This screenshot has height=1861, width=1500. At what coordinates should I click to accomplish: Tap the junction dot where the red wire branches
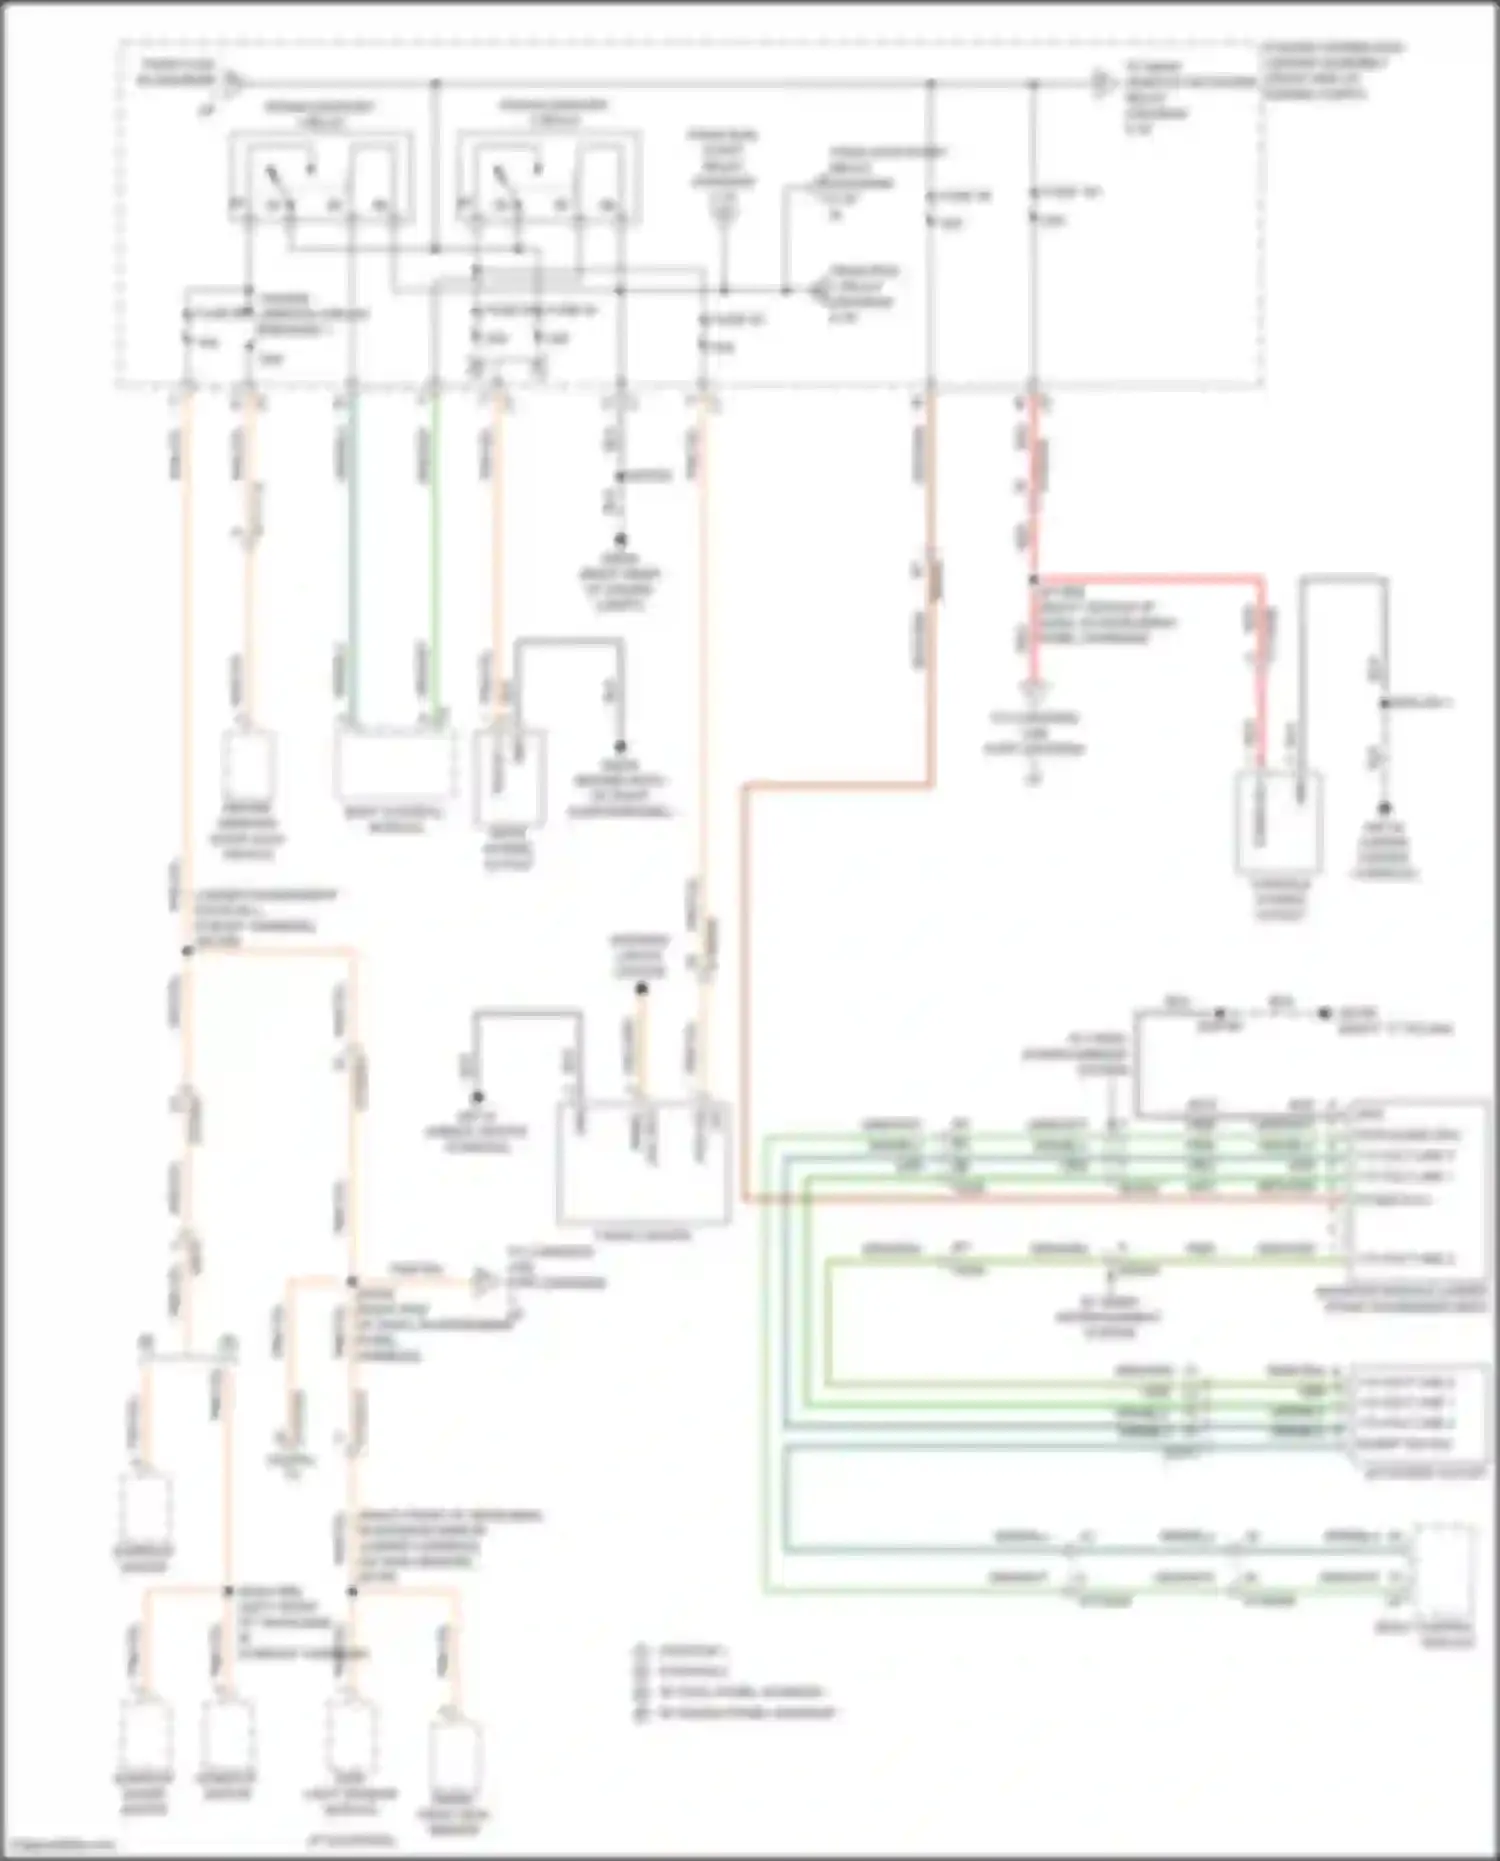[x=1034, y=579]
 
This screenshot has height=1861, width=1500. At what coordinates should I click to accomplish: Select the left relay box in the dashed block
[x=320, y=178]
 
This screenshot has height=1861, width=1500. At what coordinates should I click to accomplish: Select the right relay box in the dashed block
[x=548, y=178]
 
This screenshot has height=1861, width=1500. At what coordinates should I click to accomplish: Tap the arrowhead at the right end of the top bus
[x=1104, y=83]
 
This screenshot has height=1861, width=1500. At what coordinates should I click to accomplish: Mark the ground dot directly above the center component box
[x=642, y=989]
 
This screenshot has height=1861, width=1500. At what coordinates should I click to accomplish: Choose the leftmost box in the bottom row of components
[x=145, y=1734]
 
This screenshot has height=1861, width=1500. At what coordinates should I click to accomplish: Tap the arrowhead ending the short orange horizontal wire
[x=485, y=1281]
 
